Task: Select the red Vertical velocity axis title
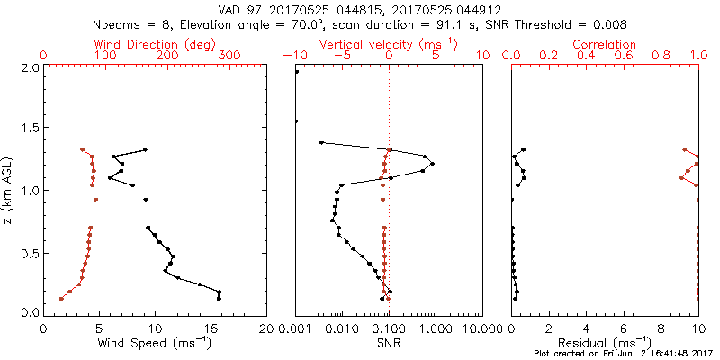click(x=388, y=44)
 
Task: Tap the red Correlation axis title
click(x=605, y=44)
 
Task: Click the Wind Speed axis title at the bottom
click(x=155, y=344)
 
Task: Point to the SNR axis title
click(x=388, y=344)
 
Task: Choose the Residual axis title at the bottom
click(x=605, y=344)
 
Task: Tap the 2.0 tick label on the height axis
click(x=31, y=68)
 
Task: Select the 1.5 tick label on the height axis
click(x=31, y=129)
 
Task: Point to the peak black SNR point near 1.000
click(x=433, y=164)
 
